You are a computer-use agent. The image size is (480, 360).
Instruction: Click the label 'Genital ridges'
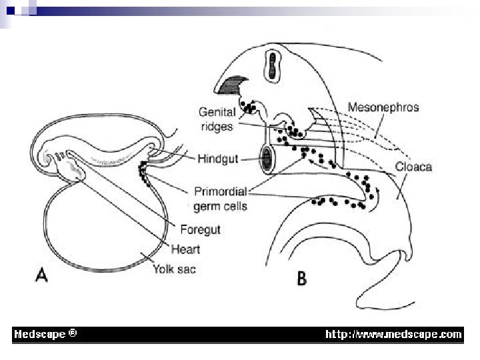(217, 119)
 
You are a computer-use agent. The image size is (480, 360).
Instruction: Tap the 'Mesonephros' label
(383, 107)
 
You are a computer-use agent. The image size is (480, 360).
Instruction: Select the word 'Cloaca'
(413, 166)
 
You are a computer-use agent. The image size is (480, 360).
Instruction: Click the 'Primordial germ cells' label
(221, 199)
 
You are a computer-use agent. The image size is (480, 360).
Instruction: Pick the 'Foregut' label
(200, 230)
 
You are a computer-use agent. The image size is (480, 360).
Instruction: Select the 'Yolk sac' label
(174, 269)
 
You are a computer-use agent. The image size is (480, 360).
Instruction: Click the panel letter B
(301, 278)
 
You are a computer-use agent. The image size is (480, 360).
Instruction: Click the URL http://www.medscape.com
(393, 334)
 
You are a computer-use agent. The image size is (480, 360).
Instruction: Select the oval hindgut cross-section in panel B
(267, 161)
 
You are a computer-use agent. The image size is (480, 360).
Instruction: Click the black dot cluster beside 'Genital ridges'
(249, 107)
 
